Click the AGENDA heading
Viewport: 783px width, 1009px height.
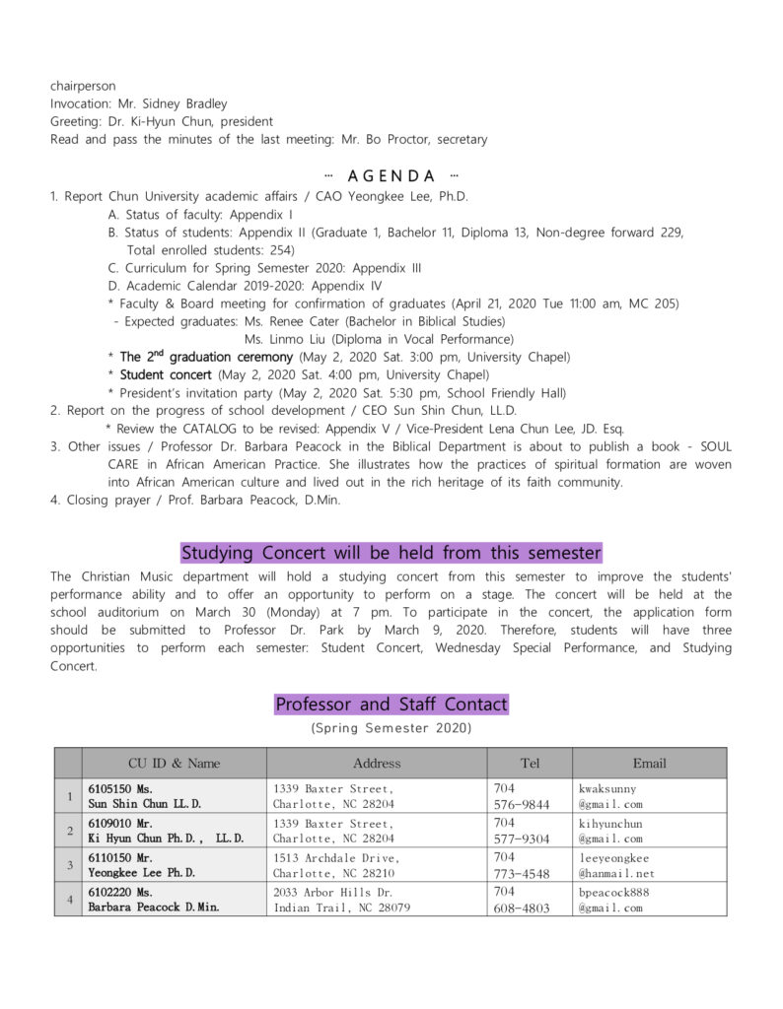[391, 176]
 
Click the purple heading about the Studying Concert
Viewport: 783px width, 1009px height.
[391, 553]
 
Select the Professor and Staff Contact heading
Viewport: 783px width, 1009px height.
[391, 705]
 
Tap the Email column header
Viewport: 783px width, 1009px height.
[649, 764]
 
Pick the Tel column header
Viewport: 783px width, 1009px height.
[530, 764]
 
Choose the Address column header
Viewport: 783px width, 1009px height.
[377, 764]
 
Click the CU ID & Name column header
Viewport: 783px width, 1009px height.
[175, 764]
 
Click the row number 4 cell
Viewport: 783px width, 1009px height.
[68, 900]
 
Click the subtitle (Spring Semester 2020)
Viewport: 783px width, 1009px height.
[391, 728]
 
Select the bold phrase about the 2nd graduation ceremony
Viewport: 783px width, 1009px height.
[206, 357]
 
